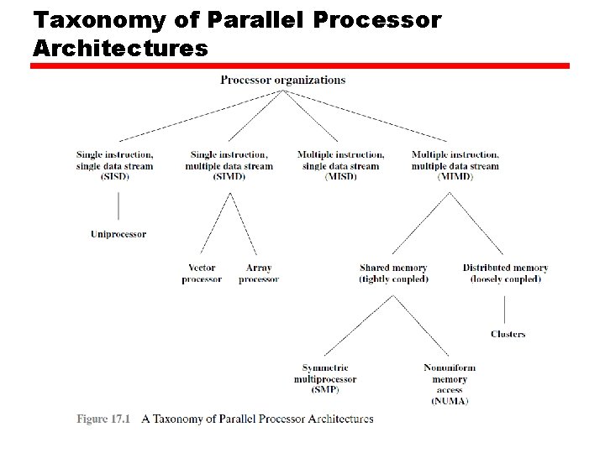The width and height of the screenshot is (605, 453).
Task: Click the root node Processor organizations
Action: point(282,81)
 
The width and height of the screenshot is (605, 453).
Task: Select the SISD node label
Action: point(114,165)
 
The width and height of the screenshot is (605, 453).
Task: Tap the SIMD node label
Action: point(229,165)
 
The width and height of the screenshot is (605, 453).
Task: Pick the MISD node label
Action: point(340,165)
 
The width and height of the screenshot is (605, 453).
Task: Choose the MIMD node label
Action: point(455,165)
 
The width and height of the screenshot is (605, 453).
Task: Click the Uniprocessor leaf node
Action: point(118,234)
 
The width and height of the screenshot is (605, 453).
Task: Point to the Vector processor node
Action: point(202,273)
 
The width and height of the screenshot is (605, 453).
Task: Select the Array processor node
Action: point(258,273)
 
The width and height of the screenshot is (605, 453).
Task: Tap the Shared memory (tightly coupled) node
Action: point(393,273)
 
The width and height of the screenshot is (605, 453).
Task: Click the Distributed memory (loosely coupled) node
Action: point(505,273)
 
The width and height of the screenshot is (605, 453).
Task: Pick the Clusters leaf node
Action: point(508,334)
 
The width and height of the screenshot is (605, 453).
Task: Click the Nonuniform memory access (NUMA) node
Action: point(450,384)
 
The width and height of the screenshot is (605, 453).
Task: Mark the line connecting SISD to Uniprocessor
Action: point(118,206)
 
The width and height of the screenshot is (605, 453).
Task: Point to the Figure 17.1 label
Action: point(104,419)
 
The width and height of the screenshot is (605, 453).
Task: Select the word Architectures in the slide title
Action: point(119,48)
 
